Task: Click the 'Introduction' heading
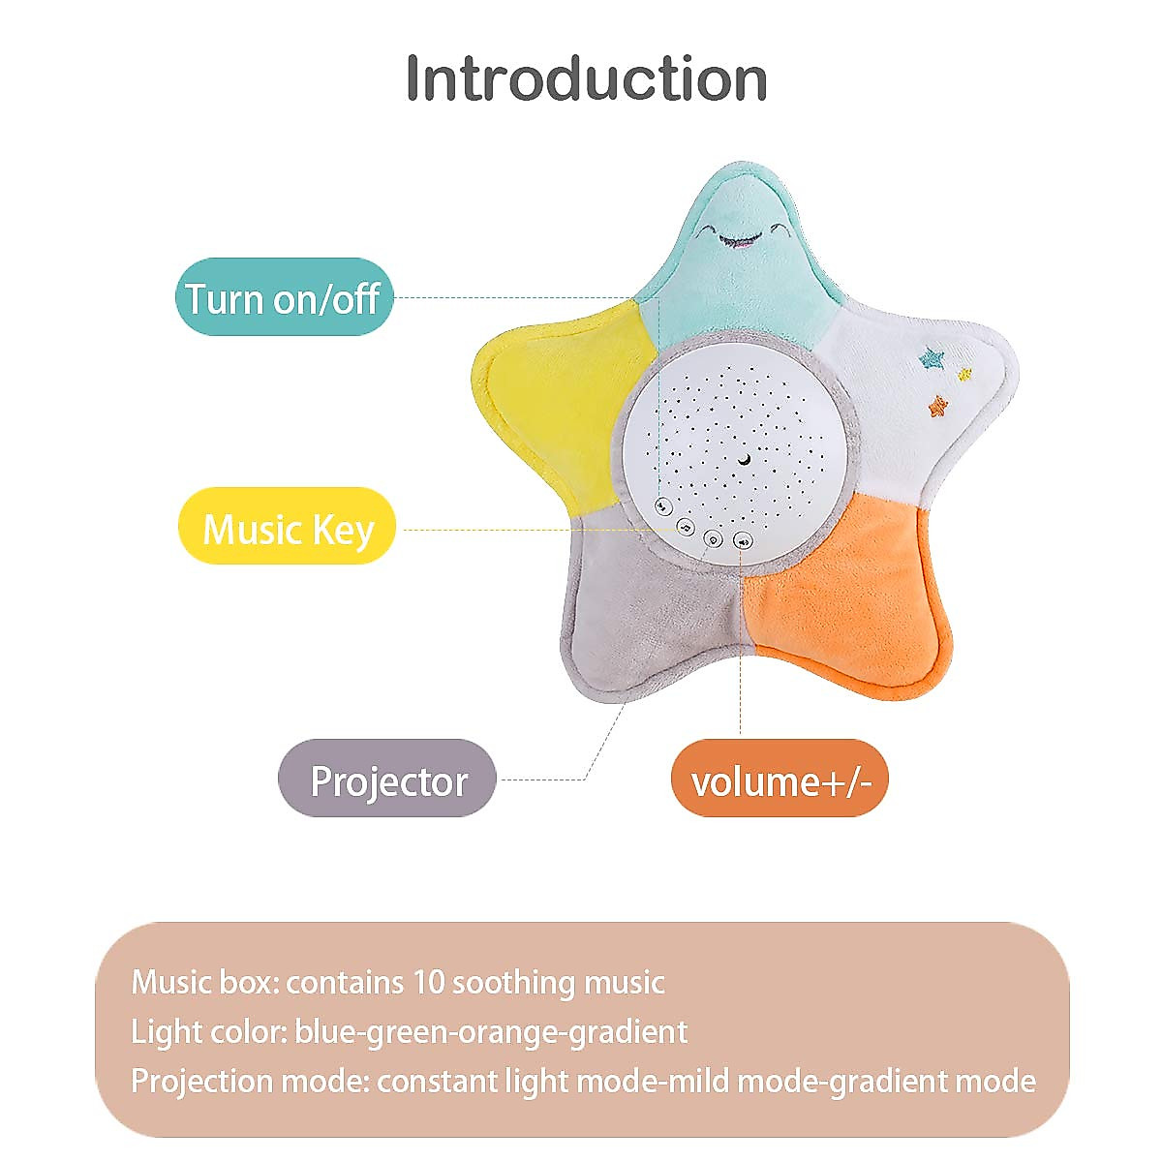coord(586,78)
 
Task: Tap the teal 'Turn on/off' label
coord(285,297)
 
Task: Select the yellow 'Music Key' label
coord(288,528)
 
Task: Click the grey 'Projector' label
coord(387,780)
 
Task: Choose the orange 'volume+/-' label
coord(780,780)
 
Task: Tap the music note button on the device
coord(686,528)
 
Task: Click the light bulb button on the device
coord(714,539)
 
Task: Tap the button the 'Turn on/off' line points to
coord(663,505)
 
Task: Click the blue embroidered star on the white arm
coord(933,359)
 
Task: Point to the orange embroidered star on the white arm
coord(937,406)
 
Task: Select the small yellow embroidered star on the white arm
coord(963,374)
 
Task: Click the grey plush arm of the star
coord(639,620)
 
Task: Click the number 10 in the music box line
coord(428,982)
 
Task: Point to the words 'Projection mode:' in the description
coord(249,1081)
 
